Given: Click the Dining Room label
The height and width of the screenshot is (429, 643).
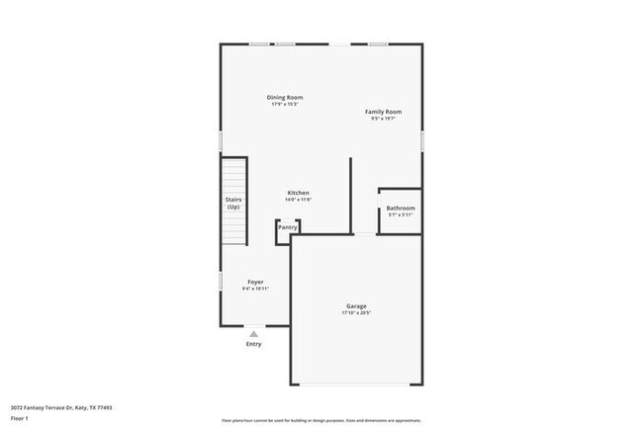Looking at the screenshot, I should (x=284, y=97).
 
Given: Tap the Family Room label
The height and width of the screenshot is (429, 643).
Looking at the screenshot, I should (x=383, y=112).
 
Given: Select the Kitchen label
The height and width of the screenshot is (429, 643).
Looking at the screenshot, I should (x=299, y=192).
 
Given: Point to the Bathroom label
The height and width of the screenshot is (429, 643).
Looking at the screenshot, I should (x=401, y=208).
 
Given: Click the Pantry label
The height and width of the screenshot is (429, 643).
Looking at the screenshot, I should (x=287, y=227).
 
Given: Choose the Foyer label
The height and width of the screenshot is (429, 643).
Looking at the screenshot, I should (x=255, y=282).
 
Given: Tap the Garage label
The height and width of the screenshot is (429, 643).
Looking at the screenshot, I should (x=356, y=305).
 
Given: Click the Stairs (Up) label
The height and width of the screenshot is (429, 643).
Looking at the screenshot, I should (x=233, y=204).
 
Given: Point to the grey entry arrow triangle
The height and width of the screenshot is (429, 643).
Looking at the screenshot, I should (x=254, y=334).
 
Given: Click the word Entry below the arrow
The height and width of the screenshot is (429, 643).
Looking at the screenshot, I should (x=254, y=344).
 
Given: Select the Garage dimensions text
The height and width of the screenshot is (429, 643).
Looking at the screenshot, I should (x=356, y=313).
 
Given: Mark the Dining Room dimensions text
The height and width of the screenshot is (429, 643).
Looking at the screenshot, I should (x=284, y=104).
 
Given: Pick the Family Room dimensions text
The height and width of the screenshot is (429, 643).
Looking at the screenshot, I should (x=383, y=119).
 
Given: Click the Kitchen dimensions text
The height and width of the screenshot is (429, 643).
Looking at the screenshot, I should (x=299, y=200).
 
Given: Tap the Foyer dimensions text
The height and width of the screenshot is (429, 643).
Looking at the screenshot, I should (x=255, y=289).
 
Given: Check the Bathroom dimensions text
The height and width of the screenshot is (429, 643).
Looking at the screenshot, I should (x=401, y=214).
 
